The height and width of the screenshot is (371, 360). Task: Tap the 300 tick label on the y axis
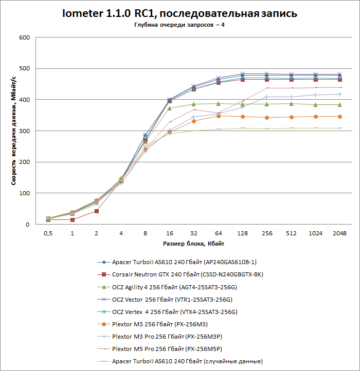pyautogui.click(x=24, y=131)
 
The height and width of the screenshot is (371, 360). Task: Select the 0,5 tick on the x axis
pyautogui.click(x=48, y=233)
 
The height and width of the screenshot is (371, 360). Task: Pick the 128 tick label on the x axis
pyautogui.click(x=242, y=233)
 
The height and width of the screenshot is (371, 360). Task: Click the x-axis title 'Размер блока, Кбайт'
pyautogui.click(x=193, y=243)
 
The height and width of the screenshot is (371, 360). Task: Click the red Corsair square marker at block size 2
pyautogui.click(x=96, y=211)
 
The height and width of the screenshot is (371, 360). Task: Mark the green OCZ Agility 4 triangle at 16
pyautogui.click(x=169, y=108)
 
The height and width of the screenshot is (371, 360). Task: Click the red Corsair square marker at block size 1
pyautogui.click(x=72, y=219)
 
